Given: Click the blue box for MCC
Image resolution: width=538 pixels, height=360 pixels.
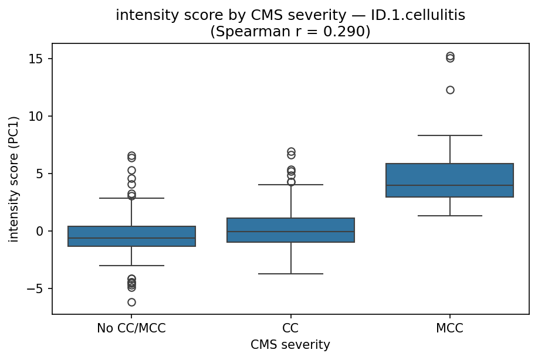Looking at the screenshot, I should pos(449,176).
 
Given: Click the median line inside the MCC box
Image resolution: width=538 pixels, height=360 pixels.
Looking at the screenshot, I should pos(449,185).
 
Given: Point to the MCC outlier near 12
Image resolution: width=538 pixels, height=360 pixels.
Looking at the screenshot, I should pos(450,90).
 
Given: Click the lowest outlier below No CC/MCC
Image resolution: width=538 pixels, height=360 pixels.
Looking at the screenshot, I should pos(131,302).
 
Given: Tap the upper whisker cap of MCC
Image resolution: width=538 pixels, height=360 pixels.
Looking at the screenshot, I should pos(449,135).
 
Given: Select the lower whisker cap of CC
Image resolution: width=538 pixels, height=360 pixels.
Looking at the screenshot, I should pos(290,274).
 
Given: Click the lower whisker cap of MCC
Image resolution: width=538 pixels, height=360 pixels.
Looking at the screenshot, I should pos(449,216).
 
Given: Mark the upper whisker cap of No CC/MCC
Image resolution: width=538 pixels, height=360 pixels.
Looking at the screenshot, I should pos(131,198).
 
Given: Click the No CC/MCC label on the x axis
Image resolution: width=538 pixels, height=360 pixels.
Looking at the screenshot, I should pos(131,328).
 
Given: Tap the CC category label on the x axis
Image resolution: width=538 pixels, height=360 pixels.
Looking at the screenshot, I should pos(290,328).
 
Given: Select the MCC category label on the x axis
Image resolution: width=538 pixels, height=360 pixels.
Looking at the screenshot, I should pos(449,328).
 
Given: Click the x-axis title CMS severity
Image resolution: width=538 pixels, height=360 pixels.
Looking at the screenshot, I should pos(290,345).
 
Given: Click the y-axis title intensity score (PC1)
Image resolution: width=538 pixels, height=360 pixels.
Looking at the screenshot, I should pos(13,179).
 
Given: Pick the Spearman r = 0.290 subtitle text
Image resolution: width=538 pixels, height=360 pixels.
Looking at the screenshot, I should pos(290,32).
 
